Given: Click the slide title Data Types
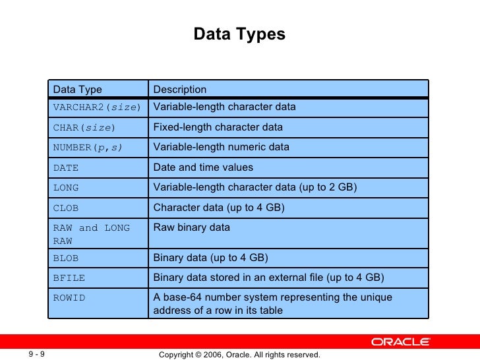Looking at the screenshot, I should point(239,34).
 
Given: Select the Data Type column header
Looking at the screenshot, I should point(77,90).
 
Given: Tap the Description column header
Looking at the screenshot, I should point(180,90).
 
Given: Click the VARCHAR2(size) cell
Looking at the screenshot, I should point(96,107).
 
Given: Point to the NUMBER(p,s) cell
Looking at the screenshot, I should point(88,148).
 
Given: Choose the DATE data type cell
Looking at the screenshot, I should point(66,168).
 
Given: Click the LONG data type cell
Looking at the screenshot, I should point(66,188).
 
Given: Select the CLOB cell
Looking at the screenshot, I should point(66,208).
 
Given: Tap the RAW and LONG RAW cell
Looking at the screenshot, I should point(92,234).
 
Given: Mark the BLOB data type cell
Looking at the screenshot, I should point(66,258).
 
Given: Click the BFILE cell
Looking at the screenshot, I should point(69,278).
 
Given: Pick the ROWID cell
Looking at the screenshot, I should point(69,298).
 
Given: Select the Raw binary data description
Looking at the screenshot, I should point(192,228).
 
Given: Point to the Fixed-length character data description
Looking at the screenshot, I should point(218,127).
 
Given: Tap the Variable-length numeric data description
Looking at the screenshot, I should point(222,148).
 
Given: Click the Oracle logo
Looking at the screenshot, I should point(400,342).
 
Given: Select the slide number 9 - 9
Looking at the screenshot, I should point(36,355).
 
